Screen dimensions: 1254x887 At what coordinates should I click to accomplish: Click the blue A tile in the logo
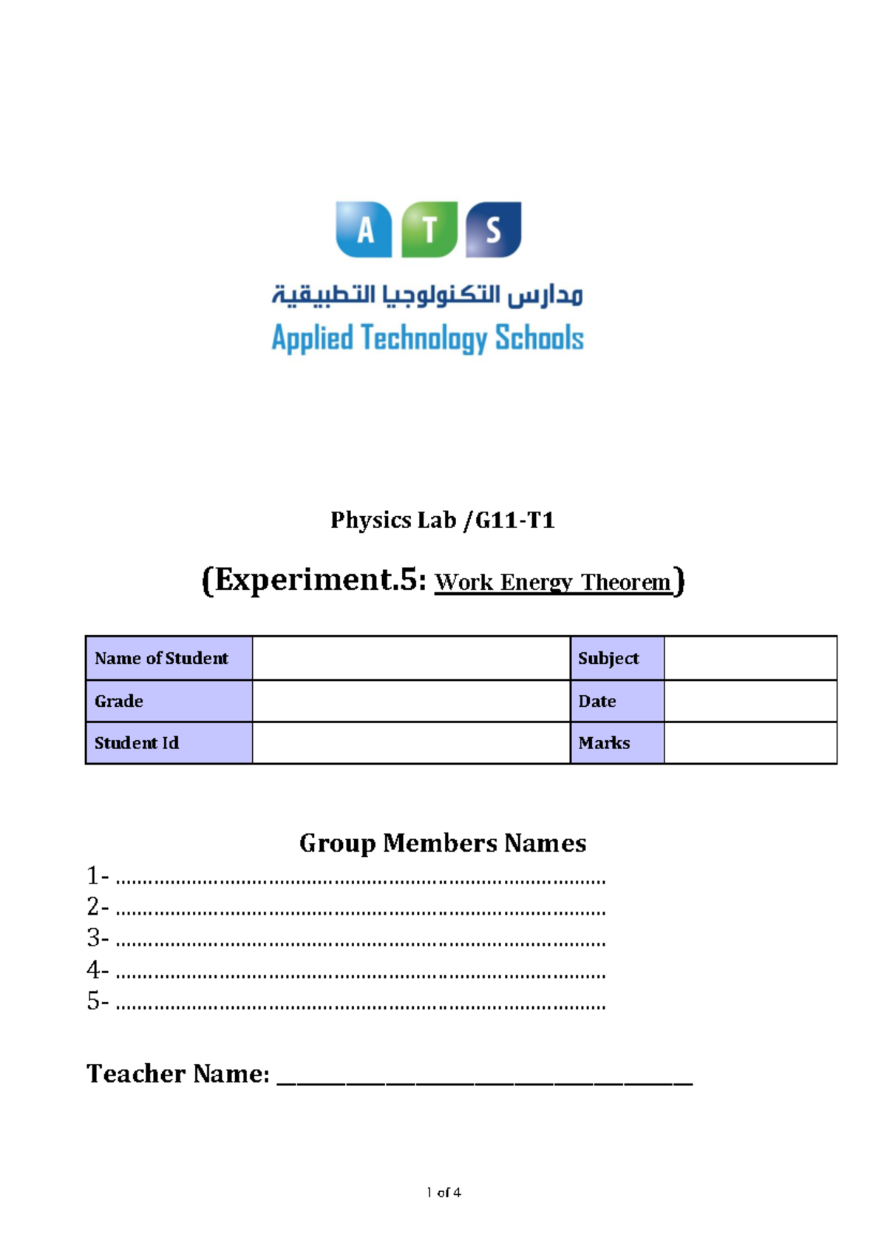(x=364, y=230)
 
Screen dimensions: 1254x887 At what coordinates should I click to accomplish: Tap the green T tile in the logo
(x=429, y=230)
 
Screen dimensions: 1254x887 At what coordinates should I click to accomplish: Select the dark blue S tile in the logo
(x=494, y=230)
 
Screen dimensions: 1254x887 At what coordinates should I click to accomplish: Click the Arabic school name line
(x=427, y=295)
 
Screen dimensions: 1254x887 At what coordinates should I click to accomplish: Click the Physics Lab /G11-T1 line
(x=442, y=521)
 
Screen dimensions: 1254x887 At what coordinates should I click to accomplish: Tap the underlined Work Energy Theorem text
(x=553, y=583)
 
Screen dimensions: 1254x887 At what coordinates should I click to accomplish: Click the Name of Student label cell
(x=169, y=658)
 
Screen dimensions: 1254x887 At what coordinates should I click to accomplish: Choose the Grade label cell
(x=169, y=701)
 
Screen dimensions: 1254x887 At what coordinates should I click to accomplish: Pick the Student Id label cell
(x=169, y=743)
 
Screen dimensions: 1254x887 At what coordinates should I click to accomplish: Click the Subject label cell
(x=617, y=658)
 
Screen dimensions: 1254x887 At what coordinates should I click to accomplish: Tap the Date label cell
(x=617, y=701)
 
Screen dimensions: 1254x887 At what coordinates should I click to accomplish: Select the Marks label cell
(x=617, y=743)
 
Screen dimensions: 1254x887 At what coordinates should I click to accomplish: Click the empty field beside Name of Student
(x=411, y=658)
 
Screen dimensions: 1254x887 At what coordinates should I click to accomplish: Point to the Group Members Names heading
(x=442, y=844)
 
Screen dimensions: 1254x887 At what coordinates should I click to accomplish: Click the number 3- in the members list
(x=98, y=938)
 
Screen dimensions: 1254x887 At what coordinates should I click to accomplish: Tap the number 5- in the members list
(x=98, y=1001)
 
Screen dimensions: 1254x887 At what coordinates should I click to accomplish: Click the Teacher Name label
(x=178, y=1074)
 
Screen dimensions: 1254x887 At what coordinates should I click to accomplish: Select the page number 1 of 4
(x=443, y=1192)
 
